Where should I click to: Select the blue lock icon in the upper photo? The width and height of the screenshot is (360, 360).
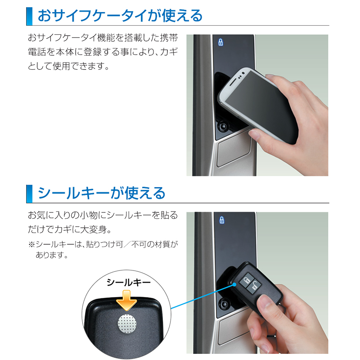[x=220, y=42]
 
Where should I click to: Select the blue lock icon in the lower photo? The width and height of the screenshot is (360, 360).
[x=221, y=220]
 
